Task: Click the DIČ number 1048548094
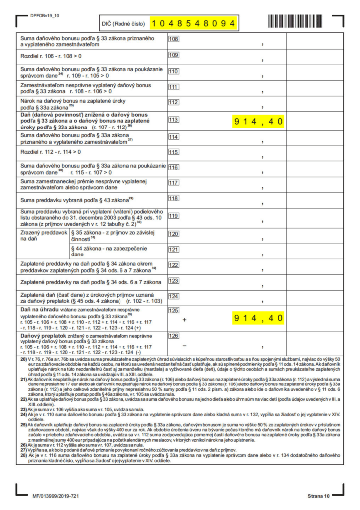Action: pyautogui.click(x=193, y=23)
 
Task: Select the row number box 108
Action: pyautogui.click(x=174, y=39)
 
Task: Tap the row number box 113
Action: pyautogui.click(x=174, y=120)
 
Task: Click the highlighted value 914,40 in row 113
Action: pyautogui.click(x=258, y=121)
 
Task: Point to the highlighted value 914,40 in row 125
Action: pyautogui.click(x=258, y=318)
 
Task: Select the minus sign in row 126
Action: pyautogui.click(x=184, y=345)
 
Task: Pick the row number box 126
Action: pyautogui.click(x=174, y=335)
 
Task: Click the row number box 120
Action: pyautogui.click(x=174, y=234)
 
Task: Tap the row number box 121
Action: pyautogui.click(x=174, y=249)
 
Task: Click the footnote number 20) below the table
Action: pyautogui.click(x=23, y=359)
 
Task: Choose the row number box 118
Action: pyautogui.click(x=174, y=198)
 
